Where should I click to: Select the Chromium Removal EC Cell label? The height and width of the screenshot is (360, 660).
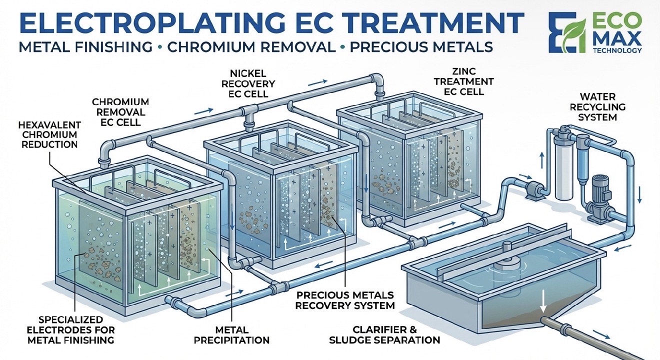coord(120,112)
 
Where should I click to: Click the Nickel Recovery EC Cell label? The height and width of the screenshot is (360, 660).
coord(248,83)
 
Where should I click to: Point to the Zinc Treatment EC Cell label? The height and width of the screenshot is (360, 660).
coord(463,81)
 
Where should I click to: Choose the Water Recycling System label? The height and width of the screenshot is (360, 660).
coord(597,106)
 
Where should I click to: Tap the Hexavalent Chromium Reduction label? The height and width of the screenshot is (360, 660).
coord(49,134)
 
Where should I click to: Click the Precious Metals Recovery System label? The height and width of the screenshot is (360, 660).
coord(344,300)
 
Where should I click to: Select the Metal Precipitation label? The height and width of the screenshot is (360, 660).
coord(231,335)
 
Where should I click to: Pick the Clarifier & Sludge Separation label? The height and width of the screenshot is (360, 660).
coord(384,334)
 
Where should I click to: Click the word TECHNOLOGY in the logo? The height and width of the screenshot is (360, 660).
coord(617,50)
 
